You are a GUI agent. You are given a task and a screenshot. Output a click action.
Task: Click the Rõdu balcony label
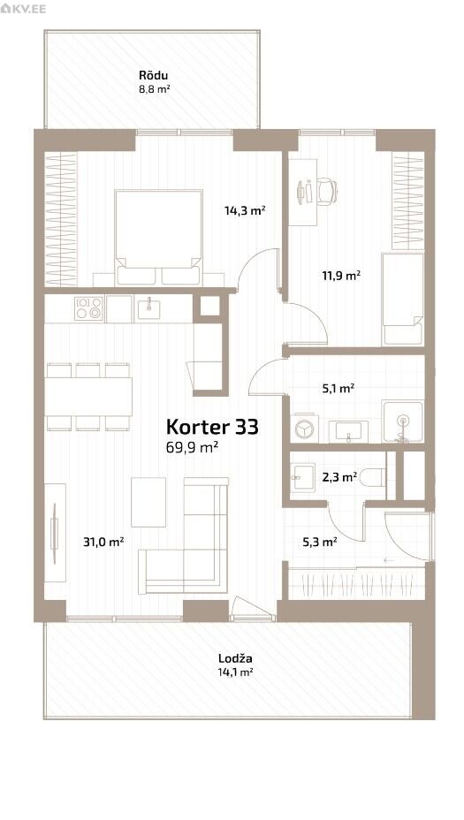[x=153, y=75]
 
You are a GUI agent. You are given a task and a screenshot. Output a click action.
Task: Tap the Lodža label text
[x=235, y=658]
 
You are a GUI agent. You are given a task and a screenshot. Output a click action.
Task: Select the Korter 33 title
[x=212, y=427]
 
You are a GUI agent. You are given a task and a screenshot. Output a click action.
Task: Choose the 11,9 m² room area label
[x=340, y=275]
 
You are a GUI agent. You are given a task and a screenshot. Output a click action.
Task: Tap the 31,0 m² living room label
[x=103, y=542]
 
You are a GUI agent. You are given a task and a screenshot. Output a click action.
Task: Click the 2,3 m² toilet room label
[x=339, y=476]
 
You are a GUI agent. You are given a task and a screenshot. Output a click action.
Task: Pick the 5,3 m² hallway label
[x=320, y=542]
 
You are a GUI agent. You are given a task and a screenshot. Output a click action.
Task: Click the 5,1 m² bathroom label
[x=338, y=388]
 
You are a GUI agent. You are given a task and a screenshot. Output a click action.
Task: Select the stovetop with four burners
[x=88, y=308]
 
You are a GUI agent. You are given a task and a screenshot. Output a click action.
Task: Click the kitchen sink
[x=149, y=307]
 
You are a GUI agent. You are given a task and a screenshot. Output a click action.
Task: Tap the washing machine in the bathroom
[x=303, y=429]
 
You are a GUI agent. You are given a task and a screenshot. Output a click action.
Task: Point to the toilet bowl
[x=374, y=477]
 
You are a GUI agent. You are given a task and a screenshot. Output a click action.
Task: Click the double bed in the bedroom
[x=158, y=238]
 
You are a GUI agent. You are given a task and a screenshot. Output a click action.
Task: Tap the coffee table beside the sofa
[x=148, y=502]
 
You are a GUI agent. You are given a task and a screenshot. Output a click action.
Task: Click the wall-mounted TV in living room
[x=54, y=533]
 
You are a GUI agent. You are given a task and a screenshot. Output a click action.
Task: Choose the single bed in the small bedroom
[x=403, y=299]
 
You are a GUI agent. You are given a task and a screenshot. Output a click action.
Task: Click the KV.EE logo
[x=24, y=9]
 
